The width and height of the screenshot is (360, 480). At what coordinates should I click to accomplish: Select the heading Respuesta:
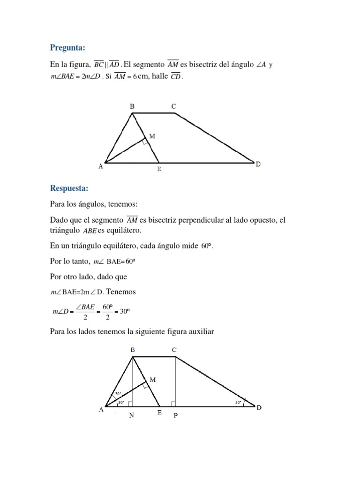69,188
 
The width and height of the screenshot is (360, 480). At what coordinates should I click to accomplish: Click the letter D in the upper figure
258,165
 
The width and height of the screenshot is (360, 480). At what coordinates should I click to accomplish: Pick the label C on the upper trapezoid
173,107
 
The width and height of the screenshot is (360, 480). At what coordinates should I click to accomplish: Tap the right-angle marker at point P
173,404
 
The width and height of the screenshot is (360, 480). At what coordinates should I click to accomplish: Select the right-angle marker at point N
129,404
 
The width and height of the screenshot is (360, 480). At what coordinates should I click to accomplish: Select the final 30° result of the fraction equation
123,311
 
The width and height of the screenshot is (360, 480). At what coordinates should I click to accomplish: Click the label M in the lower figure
153,380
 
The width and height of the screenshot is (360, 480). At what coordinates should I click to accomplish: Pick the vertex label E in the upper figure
159,169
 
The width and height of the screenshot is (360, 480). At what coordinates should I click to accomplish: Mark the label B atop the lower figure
133,350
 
